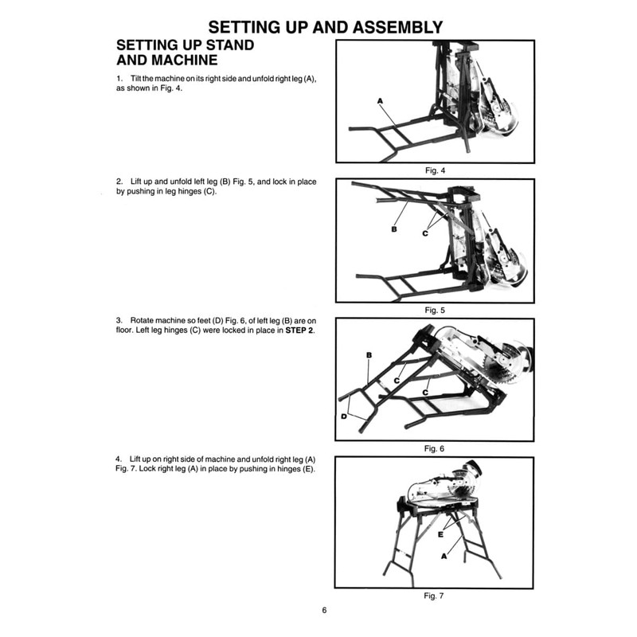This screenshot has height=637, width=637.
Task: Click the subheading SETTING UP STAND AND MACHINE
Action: click(186, 52)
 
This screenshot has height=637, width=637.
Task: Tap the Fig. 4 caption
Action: click(434, 171)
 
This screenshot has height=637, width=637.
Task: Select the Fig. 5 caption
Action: click(434, 310)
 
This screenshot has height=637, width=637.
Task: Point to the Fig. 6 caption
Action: click(434, 449)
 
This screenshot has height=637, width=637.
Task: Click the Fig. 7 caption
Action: click(434, 594)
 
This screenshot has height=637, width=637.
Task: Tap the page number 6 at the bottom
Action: click(324, 611)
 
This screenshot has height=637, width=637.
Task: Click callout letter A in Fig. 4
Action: click(381, 100)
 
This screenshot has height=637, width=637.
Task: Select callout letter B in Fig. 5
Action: click(394, 229)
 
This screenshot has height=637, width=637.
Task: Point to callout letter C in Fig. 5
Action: click(425, 233)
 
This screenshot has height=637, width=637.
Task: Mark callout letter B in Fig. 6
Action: click(369, 354)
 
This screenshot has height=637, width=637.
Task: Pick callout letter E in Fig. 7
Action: click(439, 535)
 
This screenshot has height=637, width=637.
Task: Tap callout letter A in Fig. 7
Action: click(444, 557)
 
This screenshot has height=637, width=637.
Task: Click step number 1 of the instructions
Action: click(119, 80)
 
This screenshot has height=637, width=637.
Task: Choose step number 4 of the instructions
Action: click(119, 459)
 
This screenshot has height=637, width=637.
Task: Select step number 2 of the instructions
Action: click(119, 182)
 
